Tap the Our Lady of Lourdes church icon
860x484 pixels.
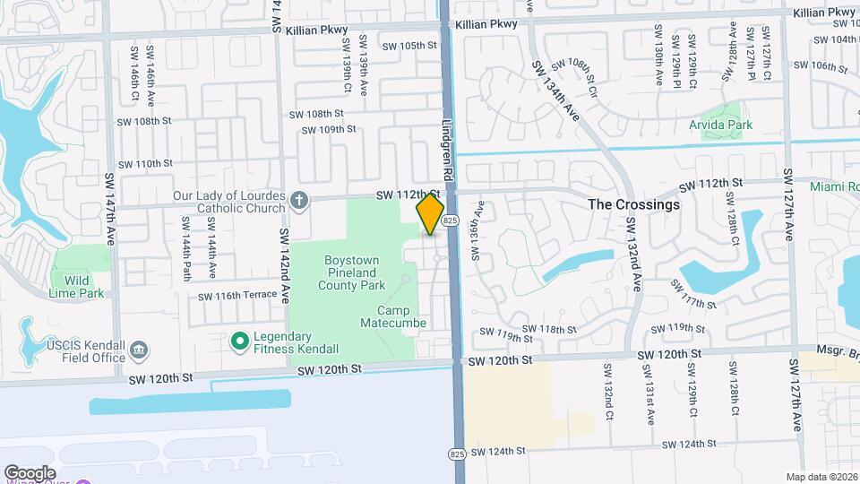coord(300,202)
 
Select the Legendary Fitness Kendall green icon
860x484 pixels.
coord(239,341)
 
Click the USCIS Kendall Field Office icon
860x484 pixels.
coord(139,348)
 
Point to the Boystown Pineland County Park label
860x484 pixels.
coord(353,272)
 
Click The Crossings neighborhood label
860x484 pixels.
coord(633,204)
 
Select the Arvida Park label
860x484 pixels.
coord(720,125)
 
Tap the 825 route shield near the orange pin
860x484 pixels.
coord(451,220)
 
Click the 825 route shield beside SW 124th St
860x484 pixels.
coord(457,452)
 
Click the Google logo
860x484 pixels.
coord(30,472)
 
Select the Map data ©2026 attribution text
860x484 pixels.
coord(821,477)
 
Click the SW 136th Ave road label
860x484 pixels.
coord(477,229)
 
